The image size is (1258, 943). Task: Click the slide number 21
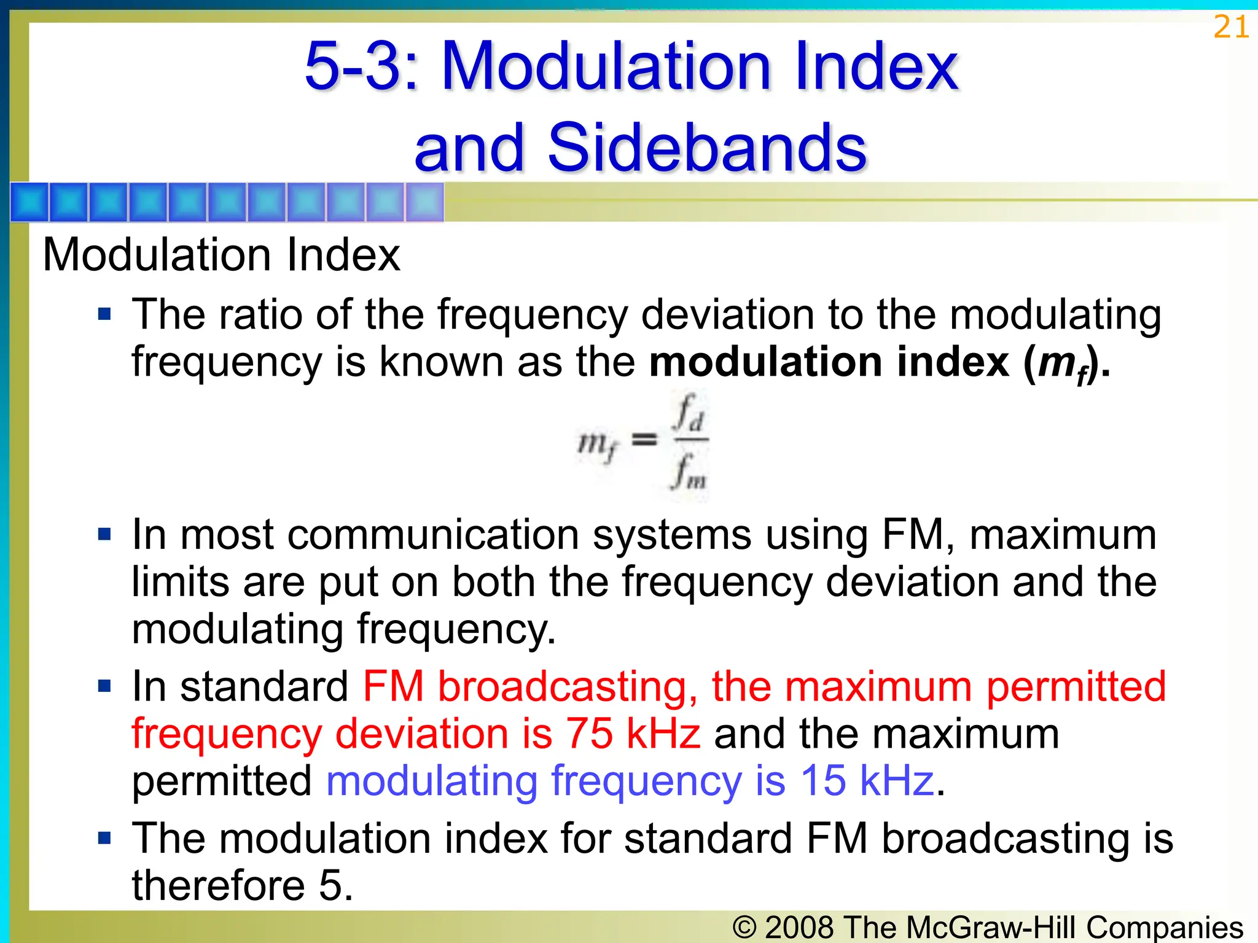coord(1230,28)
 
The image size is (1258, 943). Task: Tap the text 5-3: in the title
coord(361,66)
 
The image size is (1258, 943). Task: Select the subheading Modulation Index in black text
coord(221,255)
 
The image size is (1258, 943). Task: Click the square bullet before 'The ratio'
coord(104,315)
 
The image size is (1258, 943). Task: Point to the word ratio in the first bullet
coord(263,315)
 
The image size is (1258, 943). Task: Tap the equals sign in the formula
coord(644,440)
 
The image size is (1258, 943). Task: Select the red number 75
coord(589,734)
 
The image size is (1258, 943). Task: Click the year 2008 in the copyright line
coord(800,927)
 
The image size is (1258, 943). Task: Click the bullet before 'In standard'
coord(104,686)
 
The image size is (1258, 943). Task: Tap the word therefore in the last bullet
coord(218,886)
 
